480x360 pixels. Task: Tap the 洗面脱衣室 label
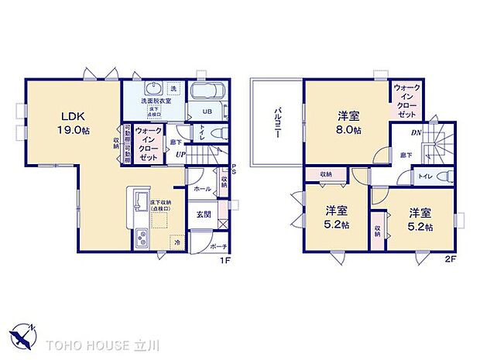(154, 101)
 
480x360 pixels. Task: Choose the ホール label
(201, 188)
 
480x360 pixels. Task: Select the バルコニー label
(276, 123)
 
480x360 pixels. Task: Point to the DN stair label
(417, 132)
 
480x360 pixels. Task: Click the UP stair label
(180, 154)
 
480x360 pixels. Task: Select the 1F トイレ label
(202, 134)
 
